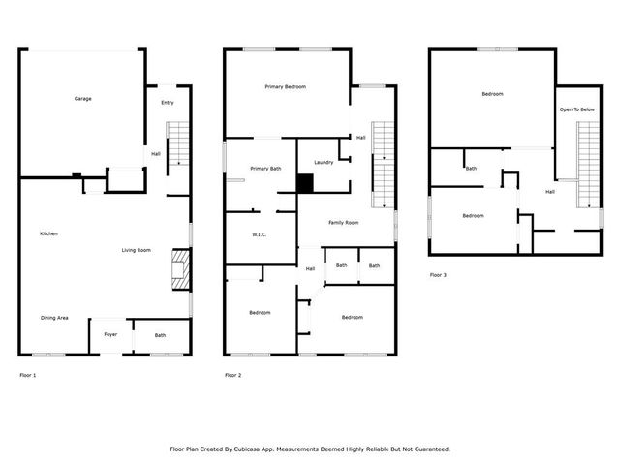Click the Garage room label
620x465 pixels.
click(x=83, y=99)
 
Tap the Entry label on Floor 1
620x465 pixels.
click(x=167, y=103)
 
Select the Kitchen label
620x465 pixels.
click(x=48, y=234)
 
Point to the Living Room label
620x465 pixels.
click(x=136, y=251)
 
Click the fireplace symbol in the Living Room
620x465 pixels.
click(x=179, y=269)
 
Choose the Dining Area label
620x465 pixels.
click(x=53, y=318)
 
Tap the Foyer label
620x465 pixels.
click(x=110, y=335)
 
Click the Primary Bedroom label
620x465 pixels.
click(x=286, y=87)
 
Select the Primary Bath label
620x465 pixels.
click(x=265, y=168)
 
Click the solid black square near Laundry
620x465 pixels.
click(x=306, y=183)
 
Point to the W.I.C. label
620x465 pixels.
click(x=259, y=234)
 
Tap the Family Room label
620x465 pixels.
click(x=344, y=223)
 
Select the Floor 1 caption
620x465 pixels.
click(x=28, y=375)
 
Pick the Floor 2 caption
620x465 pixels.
click(x=233, y=375)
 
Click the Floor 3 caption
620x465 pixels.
click(x=438, y=275)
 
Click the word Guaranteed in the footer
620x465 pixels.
click(x=427, y=449)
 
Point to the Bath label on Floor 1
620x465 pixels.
click(x=160, y=335)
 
